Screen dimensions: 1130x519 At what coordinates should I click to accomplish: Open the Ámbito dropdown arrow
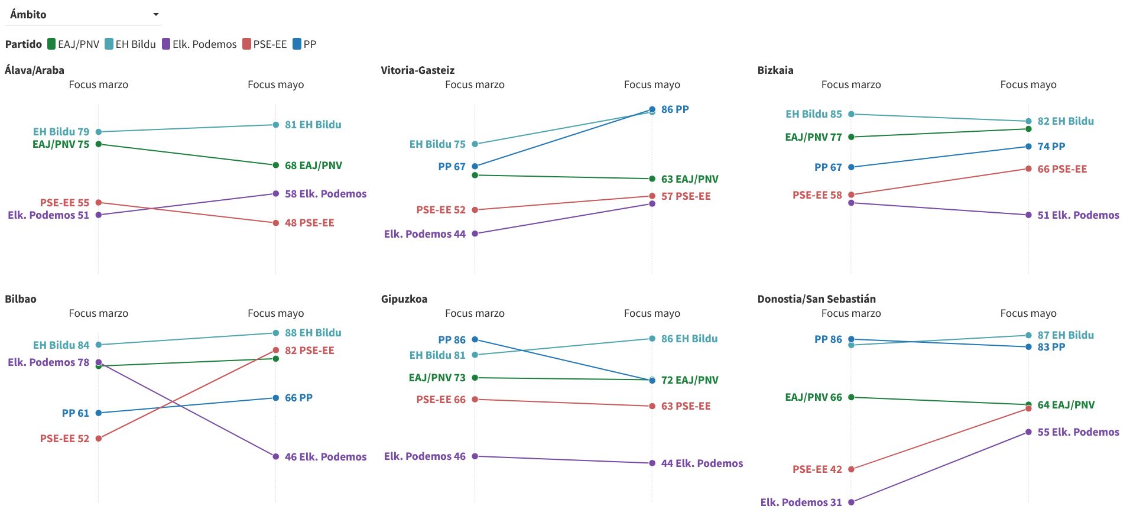[156, 14]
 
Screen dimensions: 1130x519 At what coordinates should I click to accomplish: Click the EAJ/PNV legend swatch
[51, 44]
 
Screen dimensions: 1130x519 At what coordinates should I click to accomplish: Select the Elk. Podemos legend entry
[199, 44]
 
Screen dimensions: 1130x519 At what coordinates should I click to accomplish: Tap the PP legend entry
[304, 44]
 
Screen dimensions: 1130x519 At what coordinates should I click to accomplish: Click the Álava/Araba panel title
[34, 70]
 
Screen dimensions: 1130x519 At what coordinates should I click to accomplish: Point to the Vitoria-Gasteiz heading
[418, 70]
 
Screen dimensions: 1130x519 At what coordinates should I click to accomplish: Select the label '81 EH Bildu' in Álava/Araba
[313, 125]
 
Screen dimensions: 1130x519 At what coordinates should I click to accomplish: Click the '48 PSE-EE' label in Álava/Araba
[310, 223]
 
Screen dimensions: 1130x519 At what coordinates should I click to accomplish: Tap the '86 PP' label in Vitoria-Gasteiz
[675, 109]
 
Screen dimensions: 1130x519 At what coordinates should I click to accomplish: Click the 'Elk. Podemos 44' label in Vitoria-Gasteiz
[425, 234]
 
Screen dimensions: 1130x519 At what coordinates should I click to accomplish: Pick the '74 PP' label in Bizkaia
[1051, 147]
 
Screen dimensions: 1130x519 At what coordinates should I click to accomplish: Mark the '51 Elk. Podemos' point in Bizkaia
[1028, 215]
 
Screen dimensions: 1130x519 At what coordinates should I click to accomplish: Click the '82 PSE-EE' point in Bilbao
[276, 351]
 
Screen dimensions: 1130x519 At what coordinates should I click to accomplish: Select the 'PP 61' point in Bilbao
[99, 413]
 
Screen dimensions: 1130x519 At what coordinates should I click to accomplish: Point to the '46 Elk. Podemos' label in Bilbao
[326, 457]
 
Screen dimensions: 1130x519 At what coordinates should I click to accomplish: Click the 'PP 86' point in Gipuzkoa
[475, 340]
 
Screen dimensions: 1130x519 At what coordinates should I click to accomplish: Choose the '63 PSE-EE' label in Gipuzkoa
[686, 406]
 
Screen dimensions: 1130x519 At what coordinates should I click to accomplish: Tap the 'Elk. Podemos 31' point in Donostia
[851, 502]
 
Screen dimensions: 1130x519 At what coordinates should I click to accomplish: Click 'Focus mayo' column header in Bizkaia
[1028, 85]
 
